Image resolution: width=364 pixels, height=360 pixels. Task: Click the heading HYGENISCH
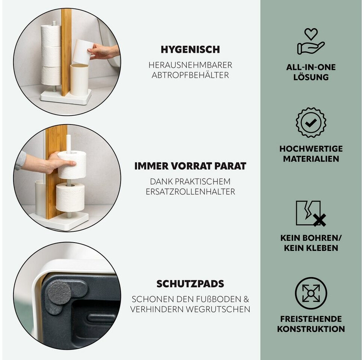tap(190, 49)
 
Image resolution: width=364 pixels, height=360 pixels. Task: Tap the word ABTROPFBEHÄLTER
tap(190, 75)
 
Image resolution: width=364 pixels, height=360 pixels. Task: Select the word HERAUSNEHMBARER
tap(190, 65)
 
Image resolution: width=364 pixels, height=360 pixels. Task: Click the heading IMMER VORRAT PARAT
tap(190, 166)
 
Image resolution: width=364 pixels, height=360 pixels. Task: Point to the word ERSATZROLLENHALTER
tap(190, 192)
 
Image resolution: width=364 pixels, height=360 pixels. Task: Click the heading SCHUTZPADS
tap(190, 284)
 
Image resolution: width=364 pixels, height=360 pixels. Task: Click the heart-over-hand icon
tap(311, 41)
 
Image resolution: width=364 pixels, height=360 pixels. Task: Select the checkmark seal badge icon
tap(311, 123)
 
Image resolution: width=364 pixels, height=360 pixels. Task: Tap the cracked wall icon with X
tap(311, 213)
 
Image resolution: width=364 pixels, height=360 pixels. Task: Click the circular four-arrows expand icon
tap(311, 293)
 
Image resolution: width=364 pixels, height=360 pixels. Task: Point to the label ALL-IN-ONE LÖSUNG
tap(311, 72)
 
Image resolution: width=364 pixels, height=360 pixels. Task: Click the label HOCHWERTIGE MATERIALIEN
tap(311, 154)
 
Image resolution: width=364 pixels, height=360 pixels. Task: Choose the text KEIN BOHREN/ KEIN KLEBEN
tap(311, 243)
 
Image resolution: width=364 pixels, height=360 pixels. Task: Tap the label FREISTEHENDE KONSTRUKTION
tap(311, 324)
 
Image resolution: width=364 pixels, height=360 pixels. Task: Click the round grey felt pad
tap(59, 292)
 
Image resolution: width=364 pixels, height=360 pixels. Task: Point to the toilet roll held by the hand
tap(72, 165)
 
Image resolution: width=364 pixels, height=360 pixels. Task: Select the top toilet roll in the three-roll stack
tap(51, 36)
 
